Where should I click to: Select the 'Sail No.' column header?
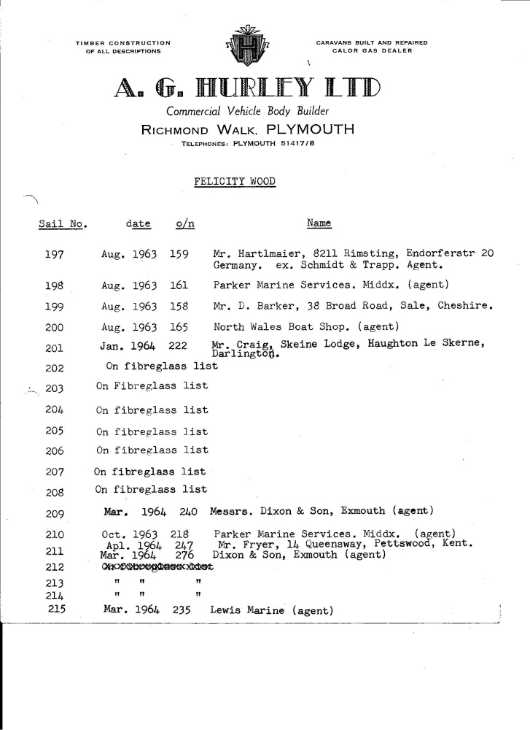(62, 224)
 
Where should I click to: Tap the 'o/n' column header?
(185, 223)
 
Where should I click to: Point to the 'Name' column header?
(319, 223)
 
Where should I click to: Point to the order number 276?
(179, 556)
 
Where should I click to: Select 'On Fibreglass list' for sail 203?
(152, 385)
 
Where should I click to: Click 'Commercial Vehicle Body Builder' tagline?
(249, 112)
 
